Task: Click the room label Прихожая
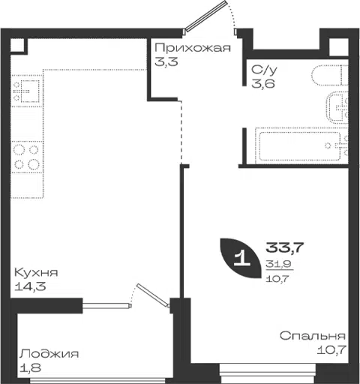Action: click(193, 48)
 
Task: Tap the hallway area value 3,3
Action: click(166, 61)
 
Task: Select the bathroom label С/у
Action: click(264, 70)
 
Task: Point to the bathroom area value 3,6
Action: click(263, 83)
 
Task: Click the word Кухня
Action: click(36, 272)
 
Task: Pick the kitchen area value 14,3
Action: click(30, 286)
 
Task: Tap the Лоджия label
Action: click(49, 354)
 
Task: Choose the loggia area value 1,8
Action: click(30, 367)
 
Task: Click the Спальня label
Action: click(313, 336)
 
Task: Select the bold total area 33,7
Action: click(284, 247)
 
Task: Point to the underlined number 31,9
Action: click(278, 264)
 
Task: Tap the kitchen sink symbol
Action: click(27, 91)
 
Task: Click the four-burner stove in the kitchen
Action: click(27, 157)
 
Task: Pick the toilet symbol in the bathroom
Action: click(329, 75)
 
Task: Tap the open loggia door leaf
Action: click(153, 295)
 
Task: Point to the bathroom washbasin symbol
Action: click(337, 108)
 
